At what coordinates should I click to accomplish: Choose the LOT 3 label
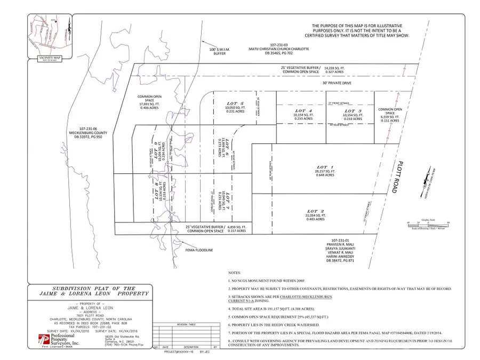click(x=353, y=110)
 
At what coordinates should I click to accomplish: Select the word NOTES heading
click(x=234, y=271)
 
